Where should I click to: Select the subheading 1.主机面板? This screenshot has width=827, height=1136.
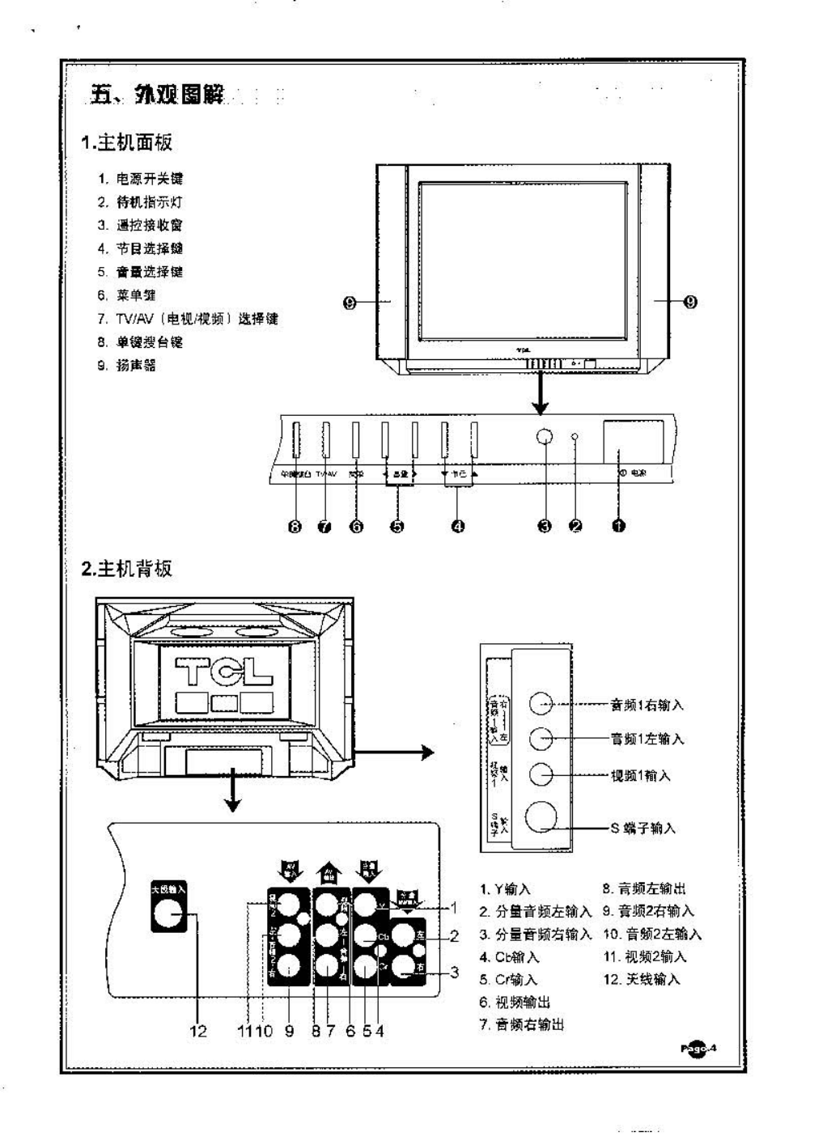[x=126, y=143]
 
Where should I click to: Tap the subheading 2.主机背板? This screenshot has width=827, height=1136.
[x=126, y=569]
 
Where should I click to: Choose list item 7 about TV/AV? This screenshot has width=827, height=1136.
[x=187, y=319]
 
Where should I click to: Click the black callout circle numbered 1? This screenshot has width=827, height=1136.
[x=618, y=526]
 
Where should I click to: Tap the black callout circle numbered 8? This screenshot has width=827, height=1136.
[x=295, y=527]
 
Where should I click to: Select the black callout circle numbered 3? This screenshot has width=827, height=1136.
[x=545, y=526]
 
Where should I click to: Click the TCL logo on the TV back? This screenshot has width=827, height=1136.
[x=224, y=671]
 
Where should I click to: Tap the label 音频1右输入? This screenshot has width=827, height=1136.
[x=647, y=705]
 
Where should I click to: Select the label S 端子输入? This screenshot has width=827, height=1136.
[x=643, y=828]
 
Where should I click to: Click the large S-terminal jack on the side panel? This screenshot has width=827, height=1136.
[x=541, y=817]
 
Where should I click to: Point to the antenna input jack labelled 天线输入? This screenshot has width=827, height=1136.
[x=168, y=914]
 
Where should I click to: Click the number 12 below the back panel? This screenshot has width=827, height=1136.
[x=197, y=1031]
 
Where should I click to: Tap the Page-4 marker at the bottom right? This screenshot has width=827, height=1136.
[x=698, y=1049]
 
